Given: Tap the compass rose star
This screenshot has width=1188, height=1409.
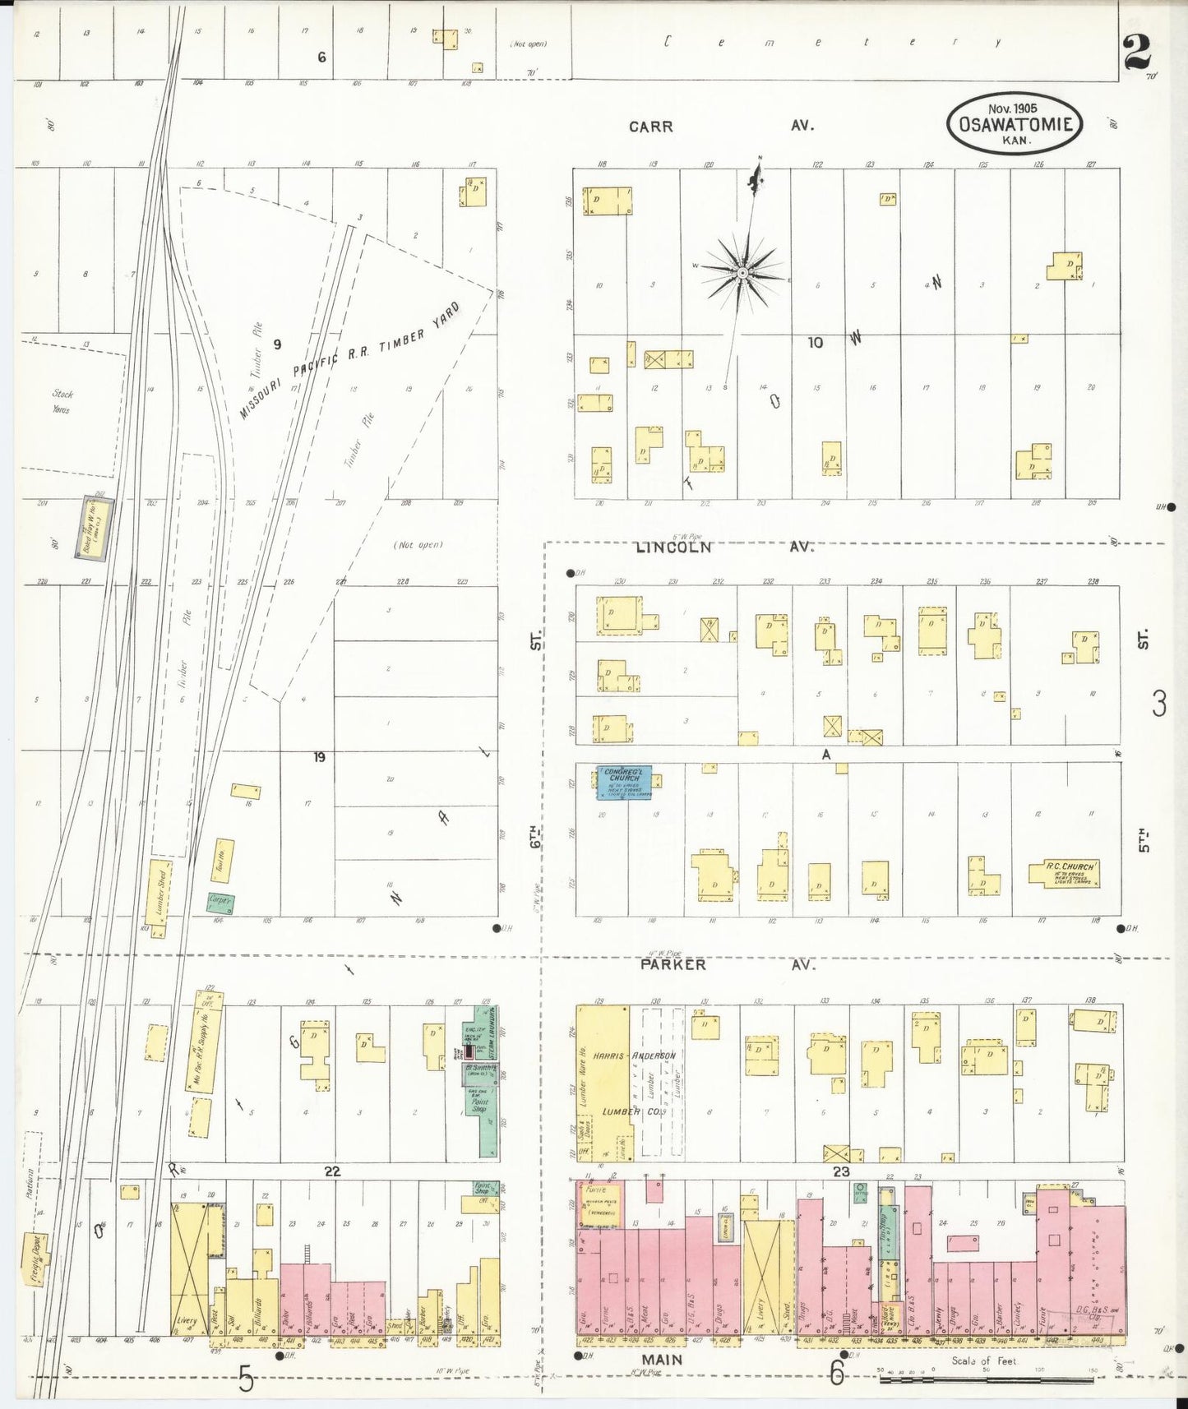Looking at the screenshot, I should [x=742, y=272].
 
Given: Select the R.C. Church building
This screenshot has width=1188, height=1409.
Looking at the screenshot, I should [x=1066, y=874].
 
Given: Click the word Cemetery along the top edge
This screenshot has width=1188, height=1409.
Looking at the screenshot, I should [x=830, y=42].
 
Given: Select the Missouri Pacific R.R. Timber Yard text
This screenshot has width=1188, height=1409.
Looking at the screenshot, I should [x=349, y=361].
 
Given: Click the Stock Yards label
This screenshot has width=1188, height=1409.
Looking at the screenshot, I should [x=62, y=401].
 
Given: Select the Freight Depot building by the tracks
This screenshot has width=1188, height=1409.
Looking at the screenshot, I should [x=35, y=1257].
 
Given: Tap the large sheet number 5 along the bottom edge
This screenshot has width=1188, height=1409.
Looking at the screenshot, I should [x=246, y=1379].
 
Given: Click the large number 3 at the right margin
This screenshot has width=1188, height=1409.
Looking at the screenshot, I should [x=1158, y=704].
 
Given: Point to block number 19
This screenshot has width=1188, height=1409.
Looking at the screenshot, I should [x=319, y=756].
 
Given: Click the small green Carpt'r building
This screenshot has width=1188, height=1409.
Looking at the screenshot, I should [x=220, y=903].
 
